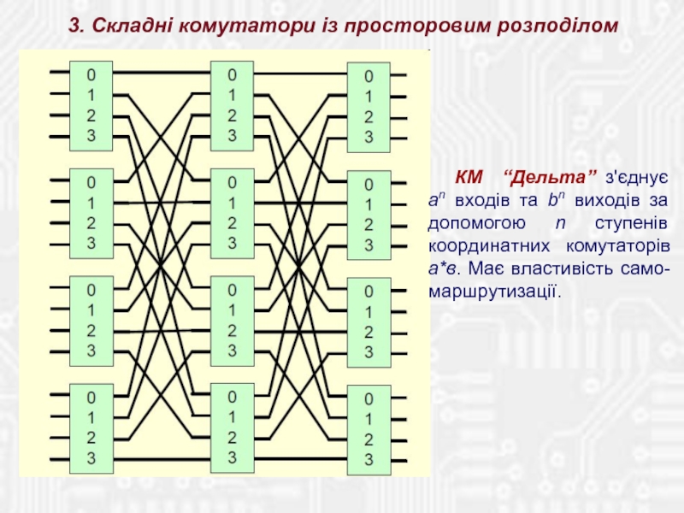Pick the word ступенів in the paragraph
[x=637, y=222]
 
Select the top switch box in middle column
[x=231, y=103]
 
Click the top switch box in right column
[x=369, y=106]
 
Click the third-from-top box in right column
[x=369, y=321]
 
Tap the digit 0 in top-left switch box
[x=91, y=74]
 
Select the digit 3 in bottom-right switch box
[x=369, y=460]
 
